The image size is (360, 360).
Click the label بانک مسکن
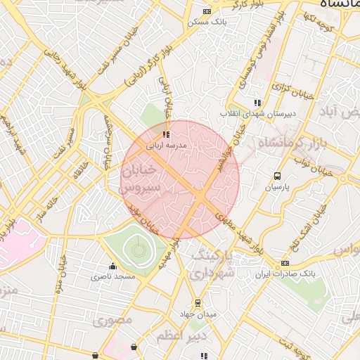coord(205,22)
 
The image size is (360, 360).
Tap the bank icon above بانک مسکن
coord(206,11)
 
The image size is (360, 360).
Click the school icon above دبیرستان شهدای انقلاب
coord(258,103)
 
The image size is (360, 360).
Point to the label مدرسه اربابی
coord(166,145)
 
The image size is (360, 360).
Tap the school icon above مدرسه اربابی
coord(165,134)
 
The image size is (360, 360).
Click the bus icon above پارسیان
coord(277,176)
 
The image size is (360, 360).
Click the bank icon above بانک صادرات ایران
coord(284,263)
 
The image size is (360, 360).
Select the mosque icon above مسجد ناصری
coord(112,266)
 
